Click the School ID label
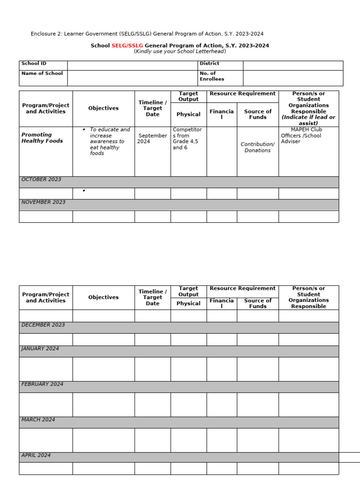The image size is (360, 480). coord(34,63)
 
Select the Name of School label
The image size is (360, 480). coord(42,73)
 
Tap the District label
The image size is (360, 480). coord(209,63)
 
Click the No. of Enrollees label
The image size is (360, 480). coord(211,76)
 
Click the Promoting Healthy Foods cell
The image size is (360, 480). coord(42,138)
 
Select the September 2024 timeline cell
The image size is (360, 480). coord(152,138)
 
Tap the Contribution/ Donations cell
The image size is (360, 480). coord(257,147)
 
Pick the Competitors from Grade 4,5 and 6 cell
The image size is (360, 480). coord(187,138)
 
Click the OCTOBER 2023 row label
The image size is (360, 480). coord(41,180)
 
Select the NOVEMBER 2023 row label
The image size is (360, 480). coord(43,202)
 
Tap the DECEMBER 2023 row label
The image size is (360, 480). coord(43,325)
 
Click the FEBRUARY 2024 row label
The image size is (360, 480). coord(42,384)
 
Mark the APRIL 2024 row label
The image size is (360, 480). coord(36,455)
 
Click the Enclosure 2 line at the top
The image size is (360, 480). coord(147,34)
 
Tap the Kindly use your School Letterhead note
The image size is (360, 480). coord(180,51)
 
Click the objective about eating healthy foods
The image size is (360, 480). coord(106,141)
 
